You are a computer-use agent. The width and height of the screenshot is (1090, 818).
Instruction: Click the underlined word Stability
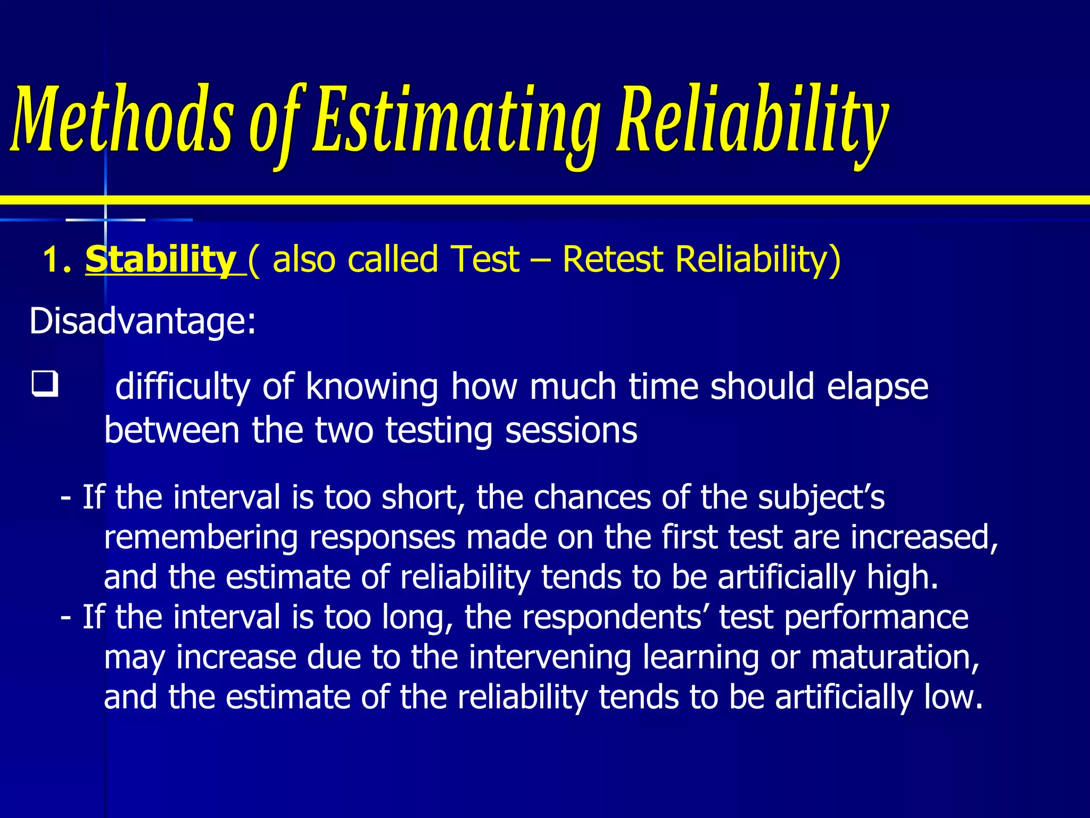point(160,260)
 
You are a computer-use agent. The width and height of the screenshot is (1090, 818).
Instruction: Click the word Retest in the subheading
point(613,260)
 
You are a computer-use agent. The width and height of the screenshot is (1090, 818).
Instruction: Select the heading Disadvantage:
point(143,321)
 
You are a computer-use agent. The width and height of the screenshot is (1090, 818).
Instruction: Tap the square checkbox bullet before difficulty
point(45,385)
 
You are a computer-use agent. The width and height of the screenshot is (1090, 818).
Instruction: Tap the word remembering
point(201,538)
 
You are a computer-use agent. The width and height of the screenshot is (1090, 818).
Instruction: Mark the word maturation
point(895,658)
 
